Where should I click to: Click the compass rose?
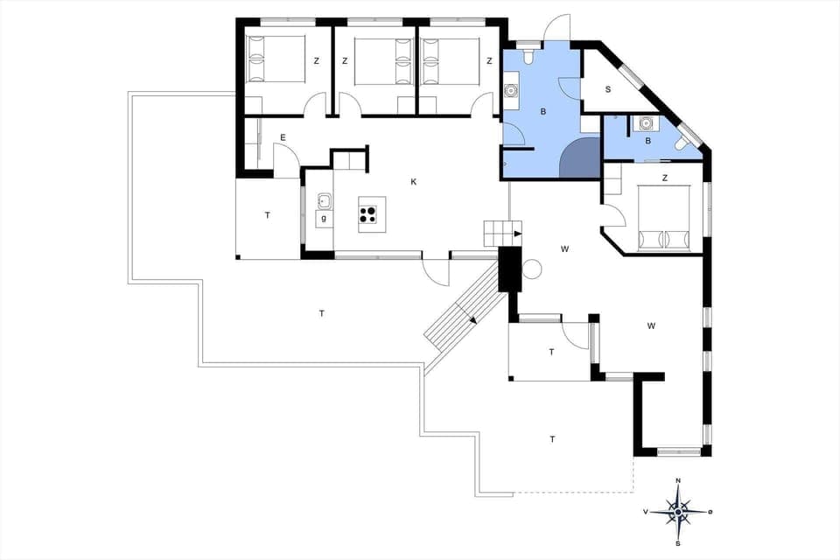[x=678, y=507]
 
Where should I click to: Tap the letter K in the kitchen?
[x=414, y=182]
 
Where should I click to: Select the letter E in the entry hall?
[x=283, y=137]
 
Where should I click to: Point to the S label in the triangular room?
[x=607, y=89]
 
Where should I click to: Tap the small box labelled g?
[x=325, y=218]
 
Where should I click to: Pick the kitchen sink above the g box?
[x=324, y=199]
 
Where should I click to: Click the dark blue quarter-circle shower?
[x=580, y=159]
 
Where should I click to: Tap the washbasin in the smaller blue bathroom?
[x=646, y=123]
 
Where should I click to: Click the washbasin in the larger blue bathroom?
[x=511, y=90]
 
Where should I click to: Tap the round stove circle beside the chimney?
[x=531, y=269]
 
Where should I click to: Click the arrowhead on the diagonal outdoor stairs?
[x=472, y=319]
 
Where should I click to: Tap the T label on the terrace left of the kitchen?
[x=267, y=215]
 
